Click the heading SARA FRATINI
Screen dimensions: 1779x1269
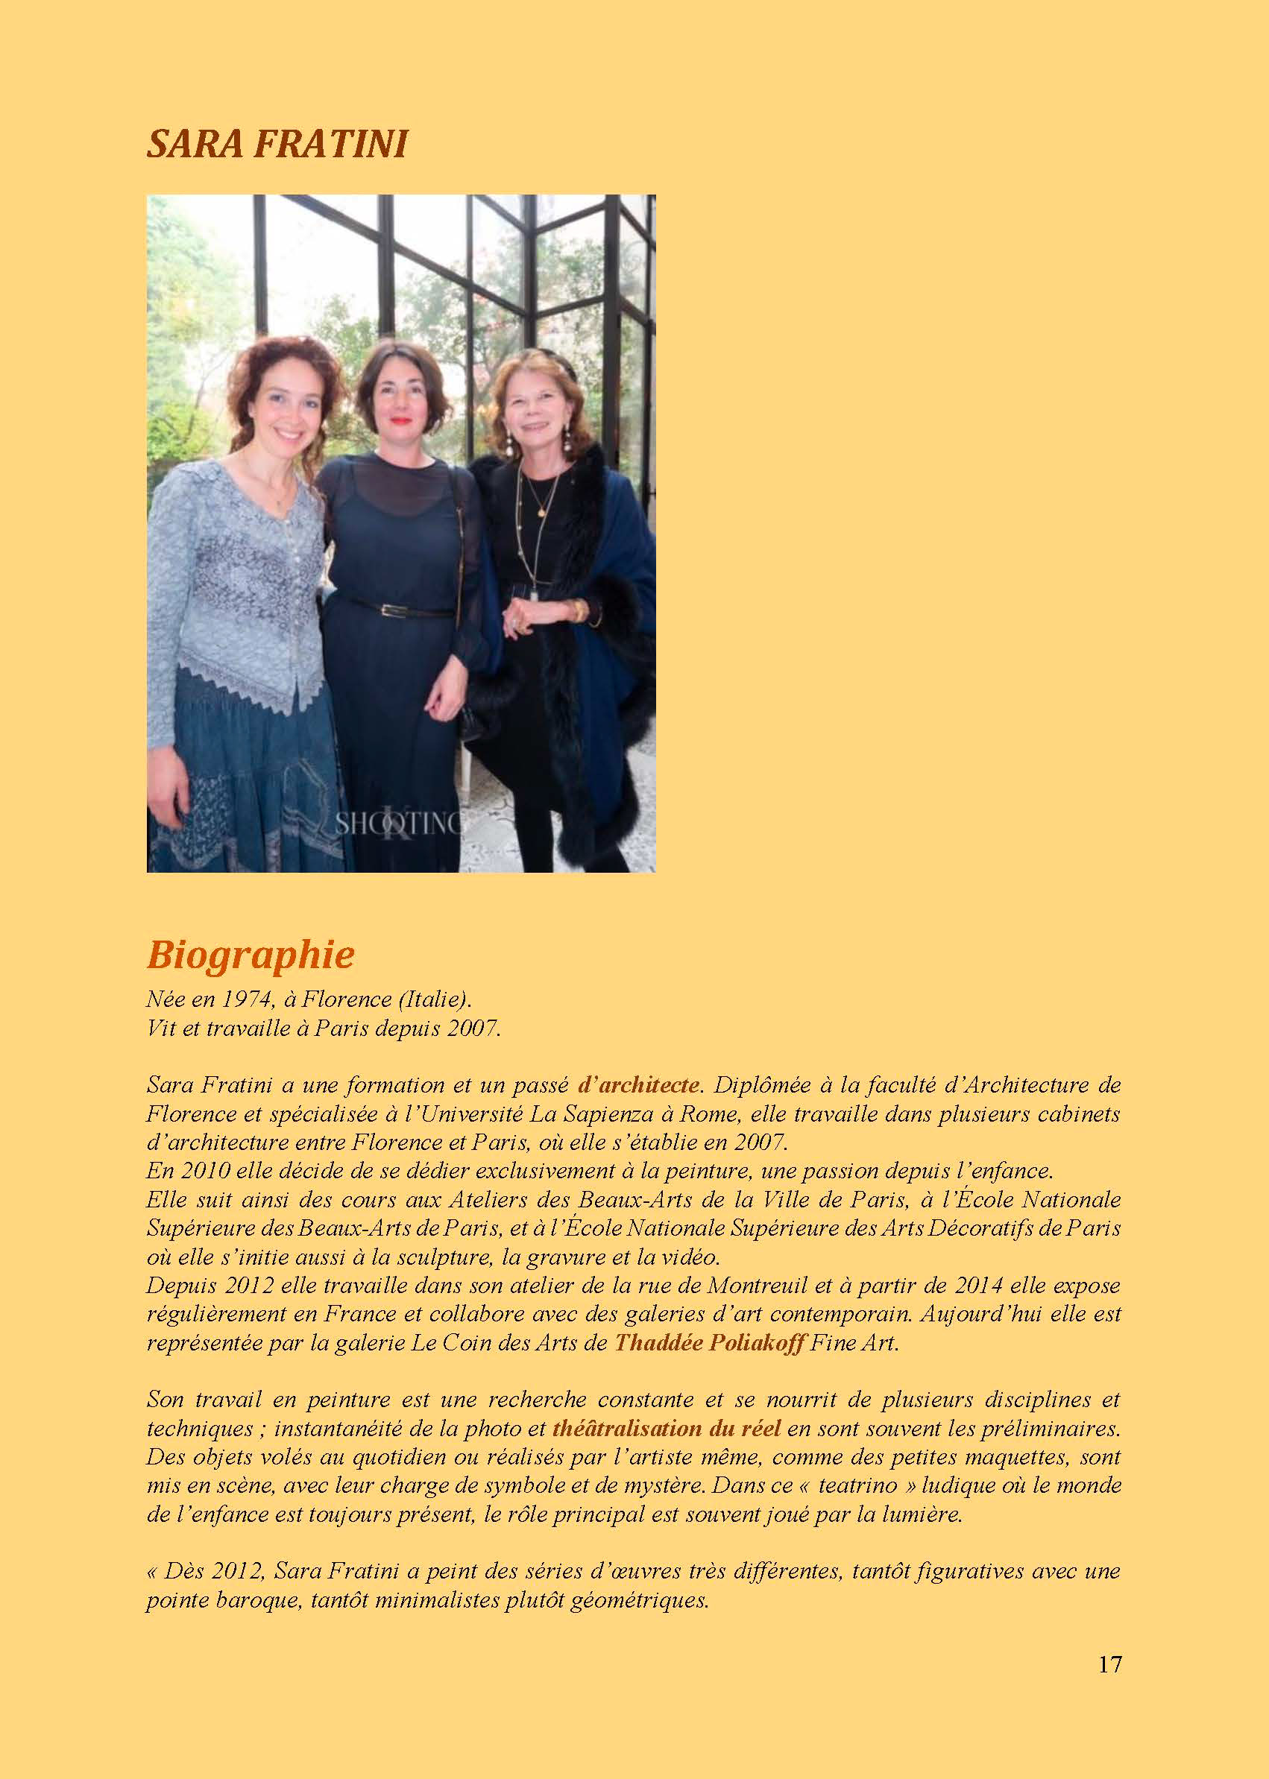click(x=277, y=145)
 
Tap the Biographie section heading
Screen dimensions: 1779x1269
click(x=251, y=954)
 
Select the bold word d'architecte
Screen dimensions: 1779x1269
click(x=638, y=1084)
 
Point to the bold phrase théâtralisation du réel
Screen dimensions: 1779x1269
click(x=667, y=1429)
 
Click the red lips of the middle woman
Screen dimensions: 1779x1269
click(x=402, y=420)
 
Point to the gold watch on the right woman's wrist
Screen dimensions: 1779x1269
click(x=579, y=609)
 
